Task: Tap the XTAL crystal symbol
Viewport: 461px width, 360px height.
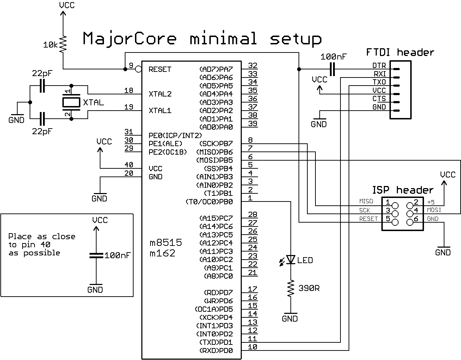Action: click(x=72, y=103)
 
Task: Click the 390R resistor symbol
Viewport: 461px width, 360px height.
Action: click(x=291, y=289)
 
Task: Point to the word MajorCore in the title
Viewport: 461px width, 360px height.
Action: click(x=130, y=38)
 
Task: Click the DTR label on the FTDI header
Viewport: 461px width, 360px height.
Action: click(x=379, y=66)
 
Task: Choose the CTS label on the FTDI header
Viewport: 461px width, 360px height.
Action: click(x=379, y=99)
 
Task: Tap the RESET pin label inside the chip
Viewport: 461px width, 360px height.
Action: click(x=160, y=69)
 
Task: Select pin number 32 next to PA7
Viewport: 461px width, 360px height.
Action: click(x=253, y=66)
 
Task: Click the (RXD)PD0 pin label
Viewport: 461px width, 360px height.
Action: click(x=216, y=350)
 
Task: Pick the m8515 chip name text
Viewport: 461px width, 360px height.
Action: click(x=166, y=243)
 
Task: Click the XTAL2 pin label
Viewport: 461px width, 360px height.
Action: click(x=160, y=94)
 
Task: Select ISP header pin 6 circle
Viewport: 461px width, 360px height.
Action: click(x=410, y=222)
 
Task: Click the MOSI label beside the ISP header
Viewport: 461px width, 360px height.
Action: click(x=434, y=210)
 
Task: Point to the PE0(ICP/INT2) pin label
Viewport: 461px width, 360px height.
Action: click(x=175, y=136)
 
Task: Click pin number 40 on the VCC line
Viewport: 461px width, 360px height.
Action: click(x=129, y=165)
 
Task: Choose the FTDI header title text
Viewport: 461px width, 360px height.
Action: click(x=400, y=52)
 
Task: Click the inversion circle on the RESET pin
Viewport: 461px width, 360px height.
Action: click(x=139, y=69)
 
